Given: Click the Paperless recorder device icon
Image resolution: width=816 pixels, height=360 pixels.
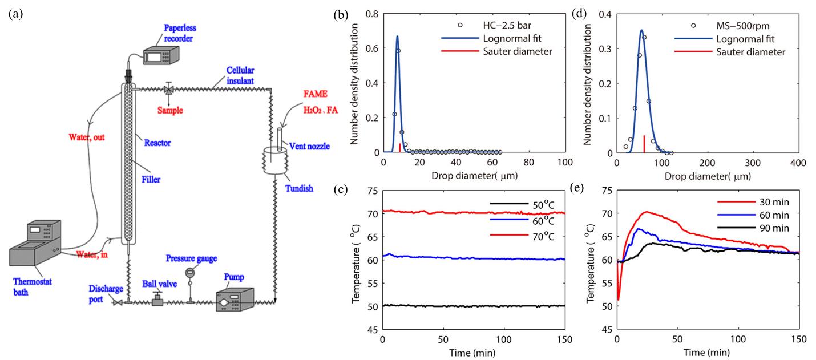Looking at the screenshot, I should [x=159, y=56].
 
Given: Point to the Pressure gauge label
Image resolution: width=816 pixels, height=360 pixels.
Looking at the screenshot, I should [x=191, y=258].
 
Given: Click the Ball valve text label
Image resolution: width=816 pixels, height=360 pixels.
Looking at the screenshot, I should [x=160, y=283].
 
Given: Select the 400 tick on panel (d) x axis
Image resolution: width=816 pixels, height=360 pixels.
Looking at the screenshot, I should [x=798, y=163].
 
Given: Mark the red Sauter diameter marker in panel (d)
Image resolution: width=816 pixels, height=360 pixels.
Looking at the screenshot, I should [x=644, y=144].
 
